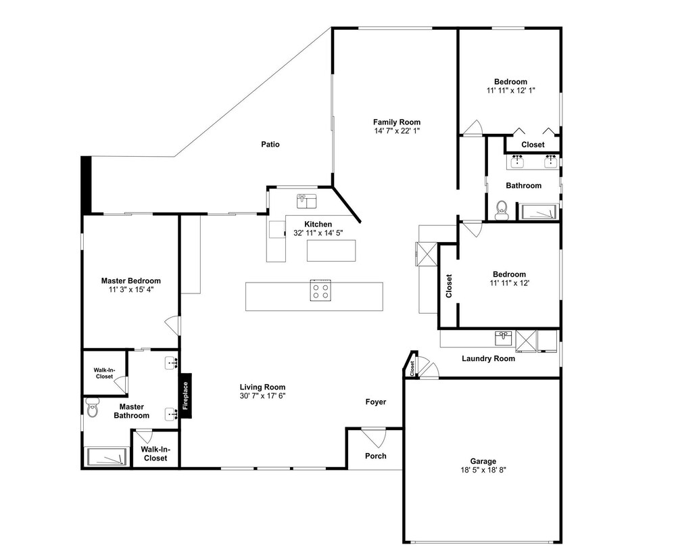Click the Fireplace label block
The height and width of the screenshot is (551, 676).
coord(186,396)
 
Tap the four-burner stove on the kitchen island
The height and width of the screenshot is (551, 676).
coord(320,290)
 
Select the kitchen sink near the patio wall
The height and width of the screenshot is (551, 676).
coord(306,201)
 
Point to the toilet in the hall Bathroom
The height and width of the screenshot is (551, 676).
coord(502,210)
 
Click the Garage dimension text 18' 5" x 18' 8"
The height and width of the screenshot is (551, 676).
coord(483,469)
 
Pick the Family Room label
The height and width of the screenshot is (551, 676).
coord(397,122)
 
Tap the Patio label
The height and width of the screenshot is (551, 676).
coord(270,144)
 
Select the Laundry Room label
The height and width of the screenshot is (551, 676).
coord(488,358)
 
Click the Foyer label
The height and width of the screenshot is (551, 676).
coord(375,402)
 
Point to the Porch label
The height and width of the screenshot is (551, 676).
coord(375,456)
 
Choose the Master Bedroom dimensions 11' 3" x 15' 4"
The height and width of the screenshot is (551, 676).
coord(131,290)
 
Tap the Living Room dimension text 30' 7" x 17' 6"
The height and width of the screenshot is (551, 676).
coord(262,396)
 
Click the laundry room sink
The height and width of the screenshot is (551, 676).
coord(504,338)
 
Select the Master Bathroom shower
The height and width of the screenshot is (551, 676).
coord(107,456)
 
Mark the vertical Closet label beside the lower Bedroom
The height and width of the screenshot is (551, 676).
coord(449,286)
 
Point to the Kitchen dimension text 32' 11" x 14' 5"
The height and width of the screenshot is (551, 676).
coord(318,233)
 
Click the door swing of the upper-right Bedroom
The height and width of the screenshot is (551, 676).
coord(473,128)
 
